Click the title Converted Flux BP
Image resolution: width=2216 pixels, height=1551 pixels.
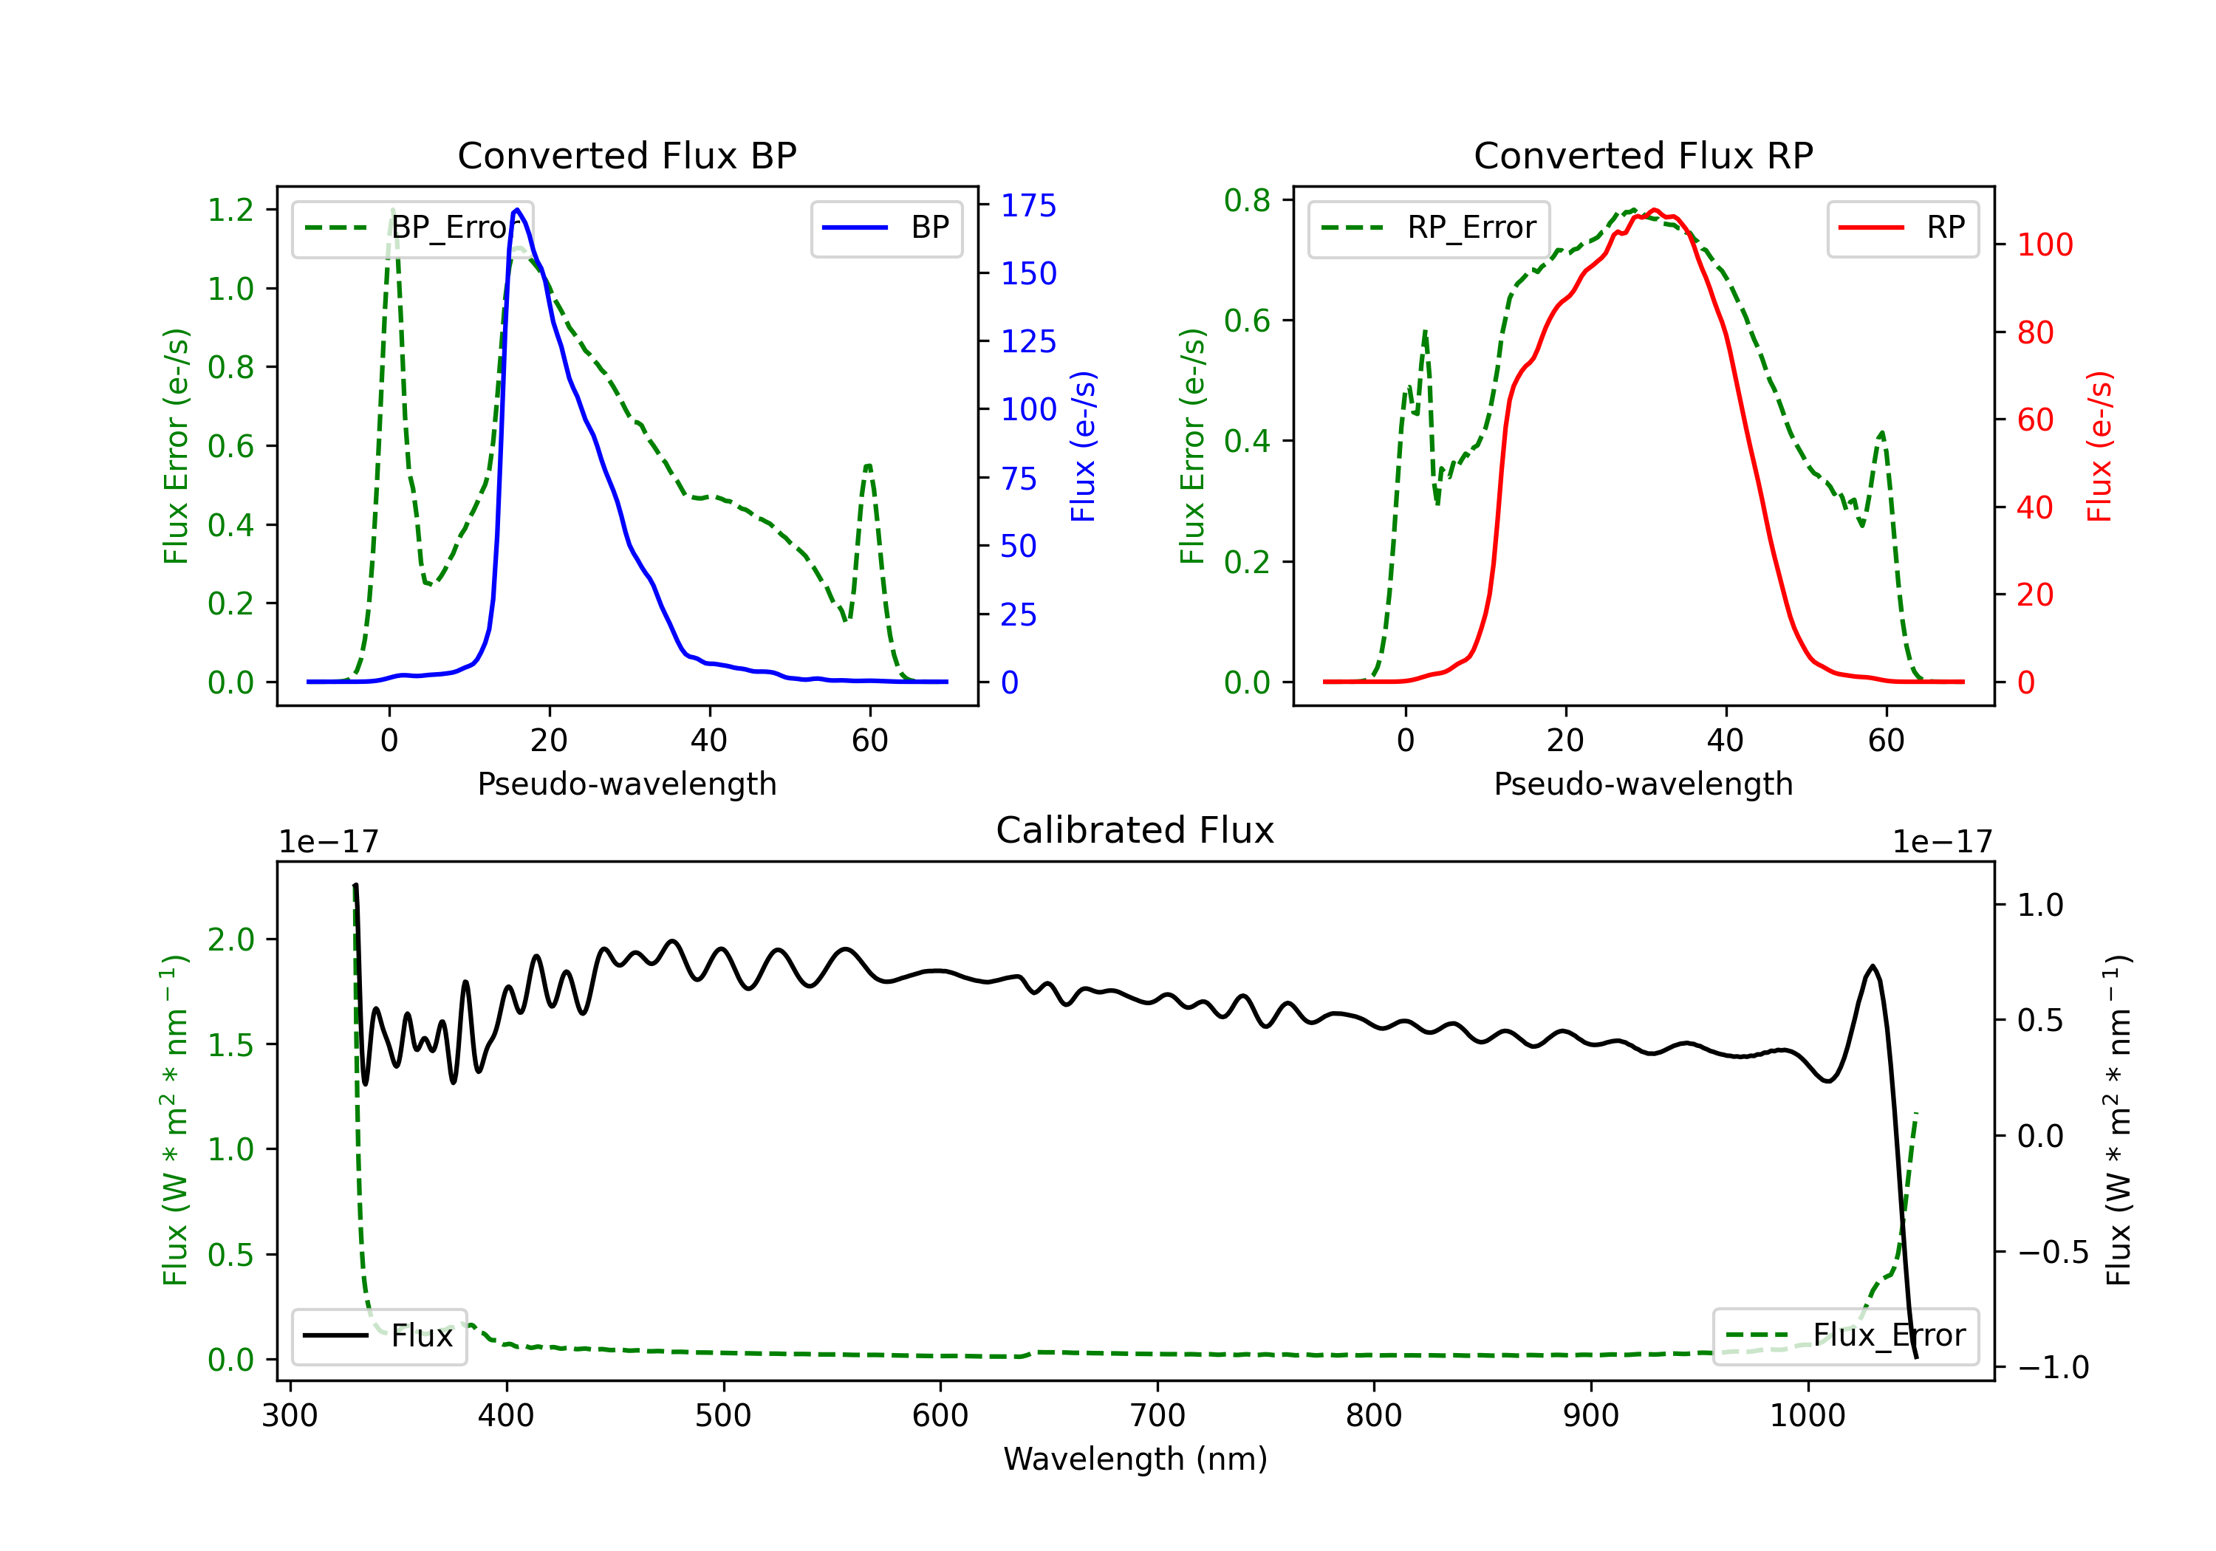(x=627, y=155)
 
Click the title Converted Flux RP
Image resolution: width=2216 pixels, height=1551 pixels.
(x=1644, y=155)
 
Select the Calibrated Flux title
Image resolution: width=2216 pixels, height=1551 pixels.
(x=1135, y=830)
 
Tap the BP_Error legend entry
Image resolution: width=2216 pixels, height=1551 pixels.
(x=413, y=227)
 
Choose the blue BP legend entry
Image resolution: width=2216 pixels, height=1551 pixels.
(x=886, y=227)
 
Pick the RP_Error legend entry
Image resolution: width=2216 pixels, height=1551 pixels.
(x=1429, y=227)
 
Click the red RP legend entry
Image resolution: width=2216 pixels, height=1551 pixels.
(x=1902, y=227)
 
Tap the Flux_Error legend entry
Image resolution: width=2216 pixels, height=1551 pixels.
(x=1845, y=1336)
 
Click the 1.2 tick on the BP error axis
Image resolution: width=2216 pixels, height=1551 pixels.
(x=230, y=210)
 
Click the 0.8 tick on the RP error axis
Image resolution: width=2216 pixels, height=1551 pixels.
(x=1247, y=200)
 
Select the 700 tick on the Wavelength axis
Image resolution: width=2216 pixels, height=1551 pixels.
(x=1157, y=1416)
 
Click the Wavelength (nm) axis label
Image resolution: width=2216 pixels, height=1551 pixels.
(x=1135, y=1459)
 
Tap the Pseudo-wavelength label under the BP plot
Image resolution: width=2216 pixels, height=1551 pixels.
(x=627, y=784)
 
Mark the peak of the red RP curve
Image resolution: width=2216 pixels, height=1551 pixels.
(x=1655, y=210)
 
